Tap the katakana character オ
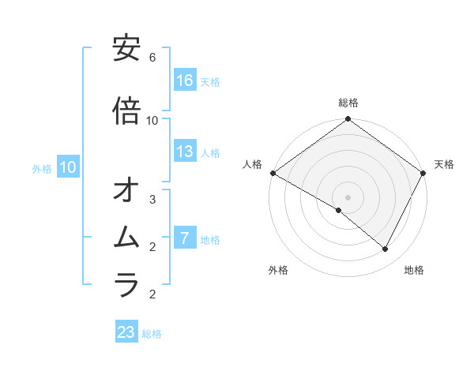click(126, 190)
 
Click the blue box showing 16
click(185, 81)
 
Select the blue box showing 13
click(185, 152)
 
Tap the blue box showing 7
click(185, 238)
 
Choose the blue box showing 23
click(126, 332)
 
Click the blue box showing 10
click(68, 167)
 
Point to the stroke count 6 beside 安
click(152, 58)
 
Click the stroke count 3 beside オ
click(152, 200)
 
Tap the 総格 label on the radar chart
click(348, 103)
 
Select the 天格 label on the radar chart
click(444, 164)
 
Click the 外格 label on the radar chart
click(278, 270)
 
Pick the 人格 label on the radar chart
click(253, 164)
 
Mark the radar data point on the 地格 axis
click(386, 249)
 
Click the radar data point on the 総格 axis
click(348, 119)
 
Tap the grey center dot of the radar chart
click(348, 197)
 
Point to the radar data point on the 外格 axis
click(339, 211)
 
